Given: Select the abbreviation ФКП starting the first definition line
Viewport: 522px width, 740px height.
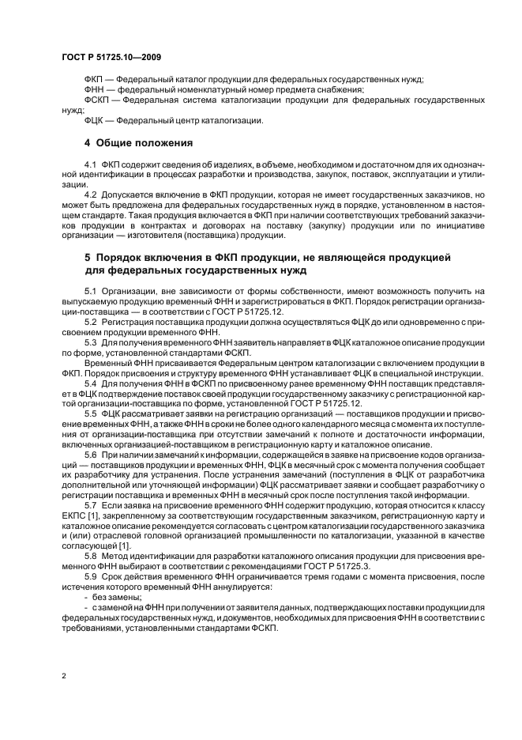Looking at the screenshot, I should [x=94, y=81].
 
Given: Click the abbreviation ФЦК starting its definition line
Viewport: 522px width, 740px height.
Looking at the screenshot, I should [x=94, y=120].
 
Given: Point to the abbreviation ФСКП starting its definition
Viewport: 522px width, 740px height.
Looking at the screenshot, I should [x=97, y=101].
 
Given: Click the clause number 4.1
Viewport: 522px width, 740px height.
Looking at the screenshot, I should [x=90, y=163].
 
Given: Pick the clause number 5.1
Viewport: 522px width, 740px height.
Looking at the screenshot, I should [x=90, y=292].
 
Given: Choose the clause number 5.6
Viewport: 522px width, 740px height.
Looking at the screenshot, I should [x=90, y=457].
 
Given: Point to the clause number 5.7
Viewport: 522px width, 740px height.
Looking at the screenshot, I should [x=90, y=504].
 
